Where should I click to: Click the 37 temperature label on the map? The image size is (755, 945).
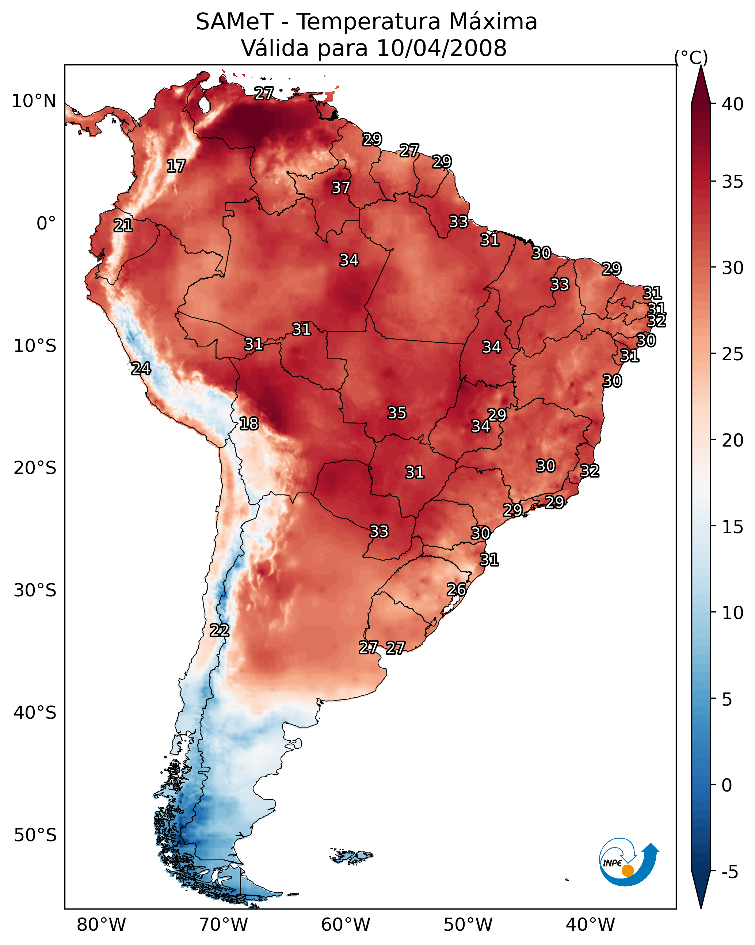340,187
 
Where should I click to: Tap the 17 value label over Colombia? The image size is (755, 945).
176,166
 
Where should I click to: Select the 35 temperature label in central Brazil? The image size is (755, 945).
397,413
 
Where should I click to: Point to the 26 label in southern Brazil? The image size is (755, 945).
456,589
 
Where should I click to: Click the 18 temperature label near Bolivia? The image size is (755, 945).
248,424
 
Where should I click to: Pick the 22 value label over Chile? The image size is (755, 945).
219,630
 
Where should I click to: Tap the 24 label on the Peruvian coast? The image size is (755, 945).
141,369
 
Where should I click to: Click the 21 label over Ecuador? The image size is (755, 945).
123,226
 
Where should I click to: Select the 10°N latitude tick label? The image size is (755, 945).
34,101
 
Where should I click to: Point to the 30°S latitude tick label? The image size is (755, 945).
35,591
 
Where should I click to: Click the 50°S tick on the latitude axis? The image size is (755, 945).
35,835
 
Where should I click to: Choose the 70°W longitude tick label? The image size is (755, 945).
224,925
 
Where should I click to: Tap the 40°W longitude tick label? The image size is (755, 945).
590,925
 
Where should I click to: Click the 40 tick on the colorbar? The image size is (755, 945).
732,104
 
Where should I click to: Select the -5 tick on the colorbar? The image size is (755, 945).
729,872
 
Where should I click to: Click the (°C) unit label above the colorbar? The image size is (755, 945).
691,57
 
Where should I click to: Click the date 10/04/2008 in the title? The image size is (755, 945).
441,48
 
